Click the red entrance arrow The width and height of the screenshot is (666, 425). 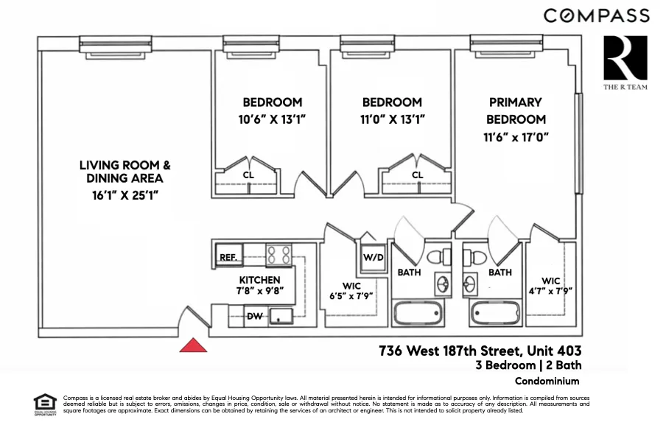point(194,345)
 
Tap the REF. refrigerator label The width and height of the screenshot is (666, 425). point(228,257)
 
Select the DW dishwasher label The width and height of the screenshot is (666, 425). point(254,317)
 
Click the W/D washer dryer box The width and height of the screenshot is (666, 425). point(373,258)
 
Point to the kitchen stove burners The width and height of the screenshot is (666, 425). point(278,255)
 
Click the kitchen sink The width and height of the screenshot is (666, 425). point(280,316)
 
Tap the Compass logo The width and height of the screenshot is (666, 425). point(596,15)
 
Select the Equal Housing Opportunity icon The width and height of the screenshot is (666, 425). point(46,403)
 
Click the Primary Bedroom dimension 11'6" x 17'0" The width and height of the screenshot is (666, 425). point(516,137)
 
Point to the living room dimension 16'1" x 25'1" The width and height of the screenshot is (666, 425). point(120,195)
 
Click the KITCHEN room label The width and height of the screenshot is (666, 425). point(259,280)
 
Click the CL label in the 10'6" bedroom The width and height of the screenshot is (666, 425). point(248,175)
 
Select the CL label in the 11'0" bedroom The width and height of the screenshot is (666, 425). point(418,175)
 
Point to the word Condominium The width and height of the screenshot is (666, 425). point(547,381)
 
